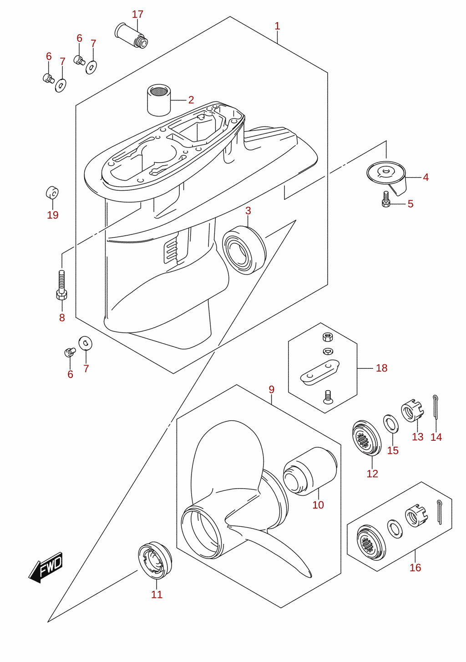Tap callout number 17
[137, 14]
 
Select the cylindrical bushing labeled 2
[159, 100]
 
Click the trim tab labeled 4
[386, 177]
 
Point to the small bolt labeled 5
[385, 199]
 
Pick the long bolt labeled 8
[61, 285]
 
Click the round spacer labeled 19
[52, 193]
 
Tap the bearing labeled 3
[244, 250]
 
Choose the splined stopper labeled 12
[366, 438]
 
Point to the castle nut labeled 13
[413, 410]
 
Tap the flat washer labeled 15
[390, 423]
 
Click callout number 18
[381, 368]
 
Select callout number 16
[415, 567]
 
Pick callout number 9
[272, 390]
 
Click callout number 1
[277, 26]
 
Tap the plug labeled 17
[131, 36]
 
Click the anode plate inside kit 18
[320, 372]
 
